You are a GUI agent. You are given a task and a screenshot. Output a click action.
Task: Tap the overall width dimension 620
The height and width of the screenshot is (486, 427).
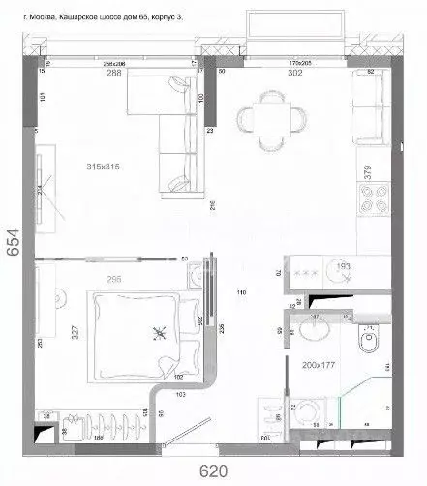[x=214, y=472]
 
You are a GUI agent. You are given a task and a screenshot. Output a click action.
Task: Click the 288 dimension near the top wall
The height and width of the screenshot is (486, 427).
[x=114, y=72]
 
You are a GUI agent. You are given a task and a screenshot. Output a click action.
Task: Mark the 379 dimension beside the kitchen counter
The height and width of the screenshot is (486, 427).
[x=366, y=172]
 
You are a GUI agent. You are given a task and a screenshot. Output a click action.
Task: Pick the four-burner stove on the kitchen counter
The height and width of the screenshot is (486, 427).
[x=374, y=203]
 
